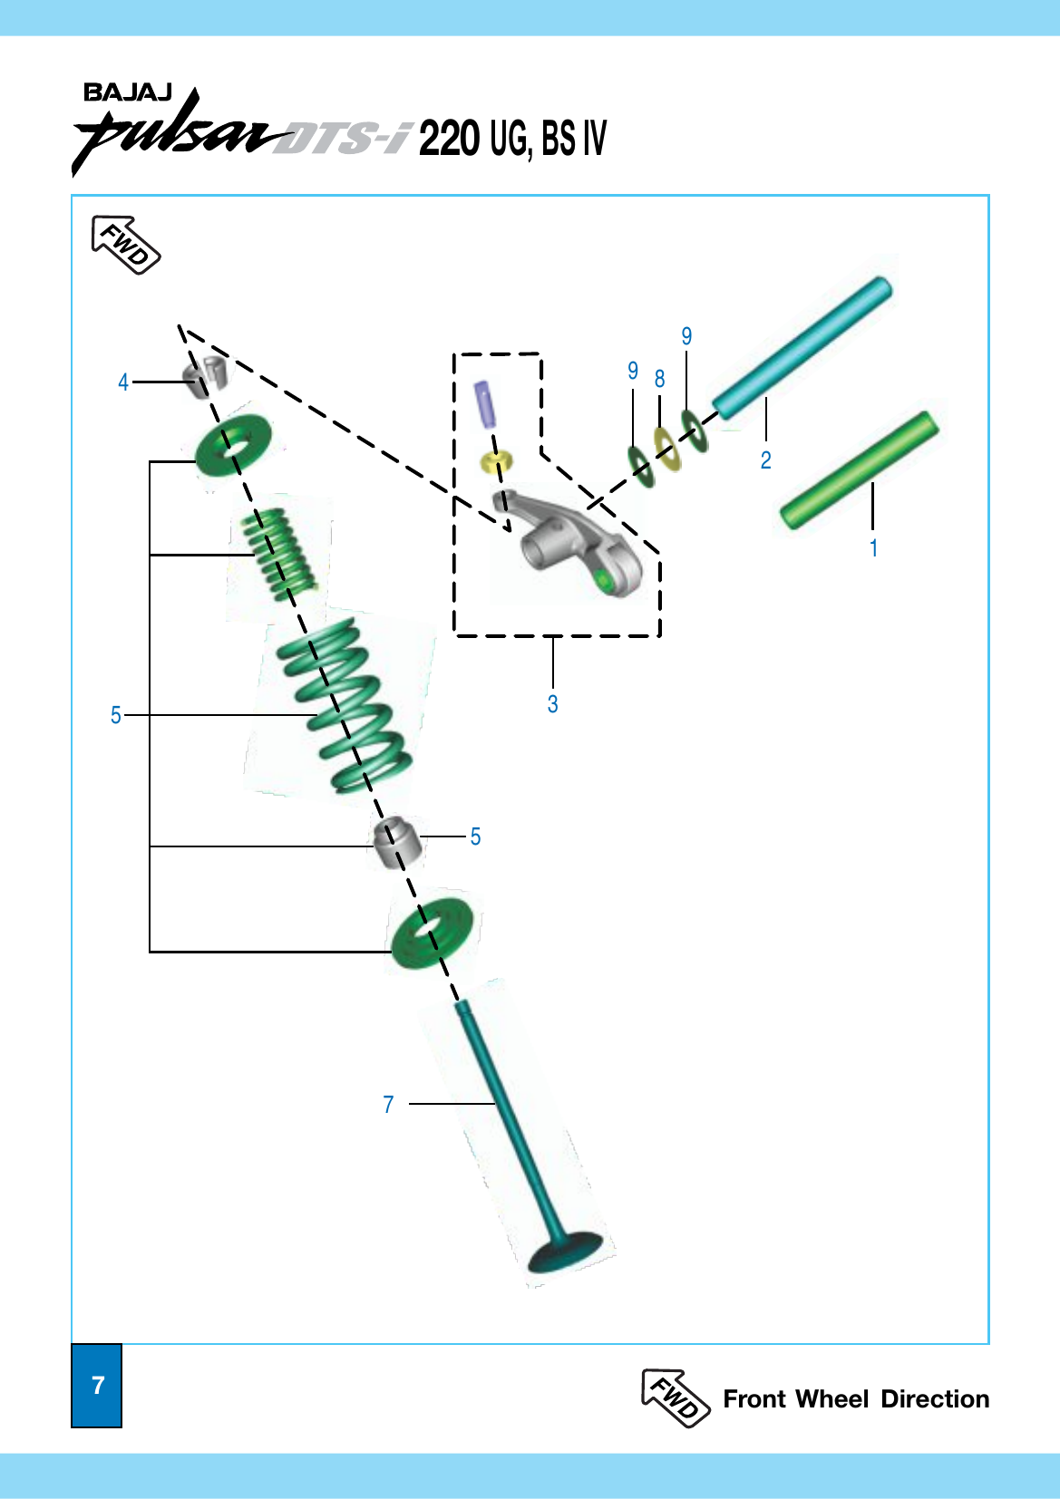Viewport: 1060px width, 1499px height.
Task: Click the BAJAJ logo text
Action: pos(128,92)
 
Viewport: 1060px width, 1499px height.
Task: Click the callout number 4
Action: pos(123,382)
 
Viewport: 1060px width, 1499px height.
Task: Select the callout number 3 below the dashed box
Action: pos(552,704)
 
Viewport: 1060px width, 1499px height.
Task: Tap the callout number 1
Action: pos(873,548)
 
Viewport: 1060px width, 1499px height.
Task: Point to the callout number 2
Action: pos(766,459)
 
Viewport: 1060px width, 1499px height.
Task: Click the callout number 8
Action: pos(659,380)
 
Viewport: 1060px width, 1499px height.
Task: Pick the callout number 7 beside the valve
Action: pos(388,1104)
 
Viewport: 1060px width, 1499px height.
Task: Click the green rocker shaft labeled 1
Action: pos(860,469)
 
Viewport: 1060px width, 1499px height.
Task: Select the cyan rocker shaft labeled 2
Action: pos(802,348)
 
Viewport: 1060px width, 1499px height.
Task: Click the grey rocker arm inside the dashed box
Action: pos(569,541)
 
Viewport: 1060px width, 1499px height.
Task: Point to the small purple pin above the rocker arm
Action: pos(484,404)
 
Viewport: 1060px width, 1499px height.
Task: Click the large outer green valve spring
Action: pos(345,705)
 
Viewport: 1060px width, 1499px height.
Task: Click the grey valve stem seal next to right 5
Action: pos(398,842)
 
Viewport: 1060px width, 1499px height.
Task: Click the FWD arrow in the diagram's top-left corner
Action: pos(125,245)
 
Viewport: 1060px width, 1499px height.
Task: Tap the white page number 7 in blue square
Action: pos(98,1385)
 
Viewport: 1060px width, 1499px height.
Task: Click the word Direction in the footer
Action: pos(935,1398)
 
